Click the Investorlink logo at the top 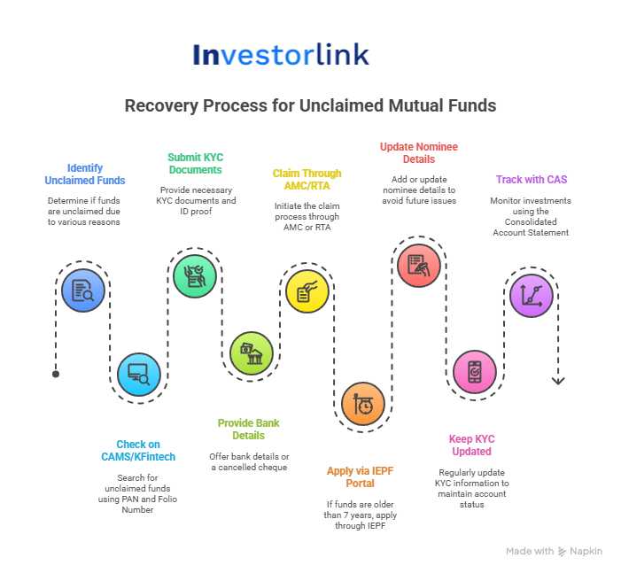(280, 55)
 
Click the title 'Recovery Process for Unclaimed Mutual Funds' (310, 106)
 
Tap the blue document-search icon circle (83, 290)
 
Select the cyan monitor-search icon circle (139, 374)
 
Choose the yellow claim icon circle (307, 292)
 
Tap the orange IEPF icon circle (363, 405)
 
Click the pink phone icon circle (475, 373)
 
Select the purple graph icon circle (532, 294)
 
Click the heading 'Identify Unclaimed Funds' (84, 174)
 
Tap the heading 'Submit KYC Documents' (195, 163)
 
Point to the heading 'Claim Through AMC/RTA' (307, 180)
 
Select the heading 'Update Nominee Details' (419, 152)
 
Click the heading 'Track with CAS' (532, 180)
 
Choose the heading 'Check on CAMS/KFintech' (138, 451)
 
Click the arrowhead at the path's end (558, 381)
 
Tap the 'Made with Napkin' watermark (554, 551)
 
